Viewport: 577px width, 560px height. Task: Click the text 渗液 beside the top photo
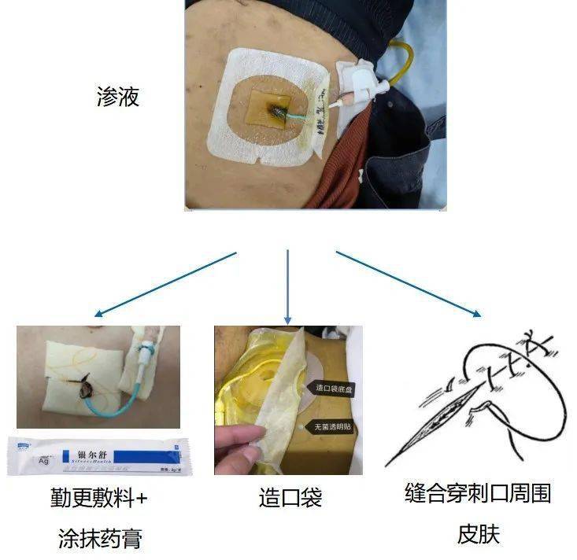click(118, 98)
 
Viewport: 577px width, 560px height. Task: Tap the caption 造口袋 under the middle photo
click(290, 497)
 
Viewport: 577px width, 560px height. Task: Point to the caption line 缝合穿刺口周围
click(478, 494)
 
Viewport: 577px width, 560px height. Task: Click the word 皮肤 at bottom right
click(478, 534)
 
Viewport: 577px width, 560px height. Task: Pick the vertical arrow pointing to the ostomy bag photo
click(288, 287)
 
